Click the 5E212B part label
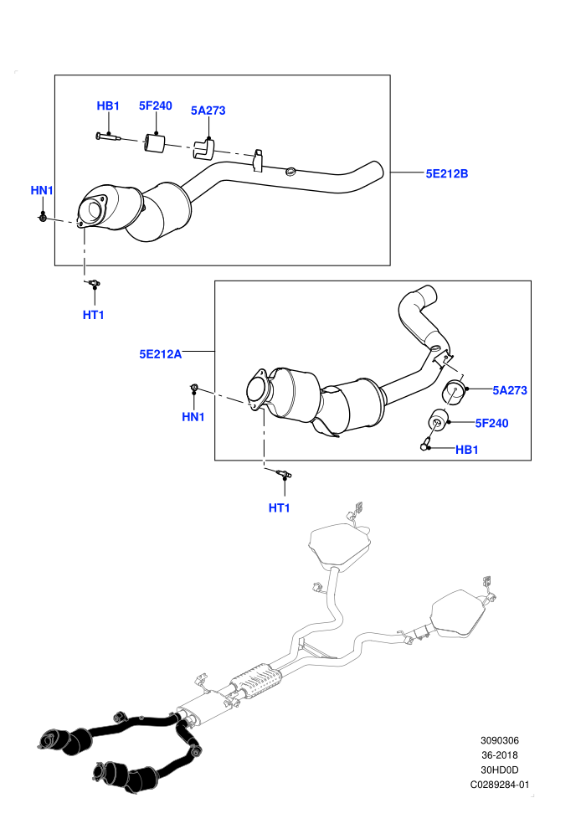446,173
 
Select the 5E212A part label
160,353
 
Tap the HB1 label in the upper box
108,106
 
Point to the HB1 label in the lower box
466,450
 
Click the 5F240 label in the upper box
156,106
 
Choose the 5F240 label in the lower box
491,423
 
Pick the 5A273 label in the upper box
208,111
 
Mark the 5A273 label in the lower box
510,390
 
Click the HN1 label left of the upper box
42,190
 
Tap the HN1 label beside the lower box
193,417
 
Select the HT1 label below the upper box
94,315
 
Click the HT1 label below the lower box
279,507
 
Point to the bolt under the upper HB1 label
109,137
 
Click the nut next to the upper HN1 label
44,216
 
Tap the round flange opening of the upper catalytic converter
93,211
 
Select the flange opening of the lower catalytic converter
257,389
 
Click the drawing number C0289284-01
499,785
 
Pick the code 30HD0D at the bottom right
499,770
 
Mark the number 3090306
499,740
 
